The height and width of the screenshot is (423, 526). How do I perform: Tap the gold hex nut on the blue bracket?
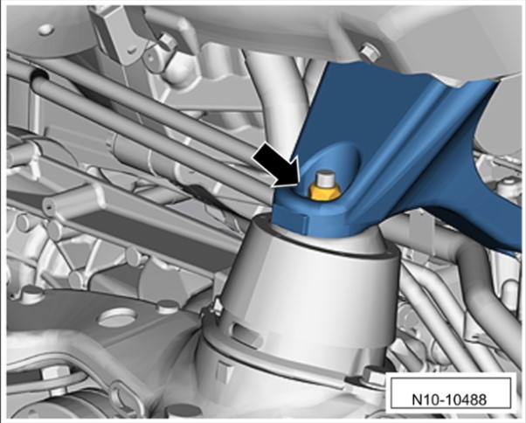click(323, 194)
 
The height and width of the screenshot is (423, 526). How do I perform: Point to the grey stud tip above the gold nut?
click(323, 179)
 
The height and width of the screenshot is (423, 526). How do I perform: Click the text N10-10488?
click(449, 399)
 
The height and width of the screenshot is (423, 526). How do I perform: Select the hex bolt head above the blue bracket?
click(370, 51)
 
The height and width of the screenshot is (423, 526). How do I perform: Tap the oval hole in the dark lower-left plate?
click(117, 317)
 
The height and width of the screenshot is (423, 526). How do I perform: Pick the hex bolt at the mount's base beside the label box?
click(373, 377)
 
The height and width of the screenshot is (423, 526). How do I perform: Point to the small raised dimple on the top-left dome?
click(46, 30)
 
